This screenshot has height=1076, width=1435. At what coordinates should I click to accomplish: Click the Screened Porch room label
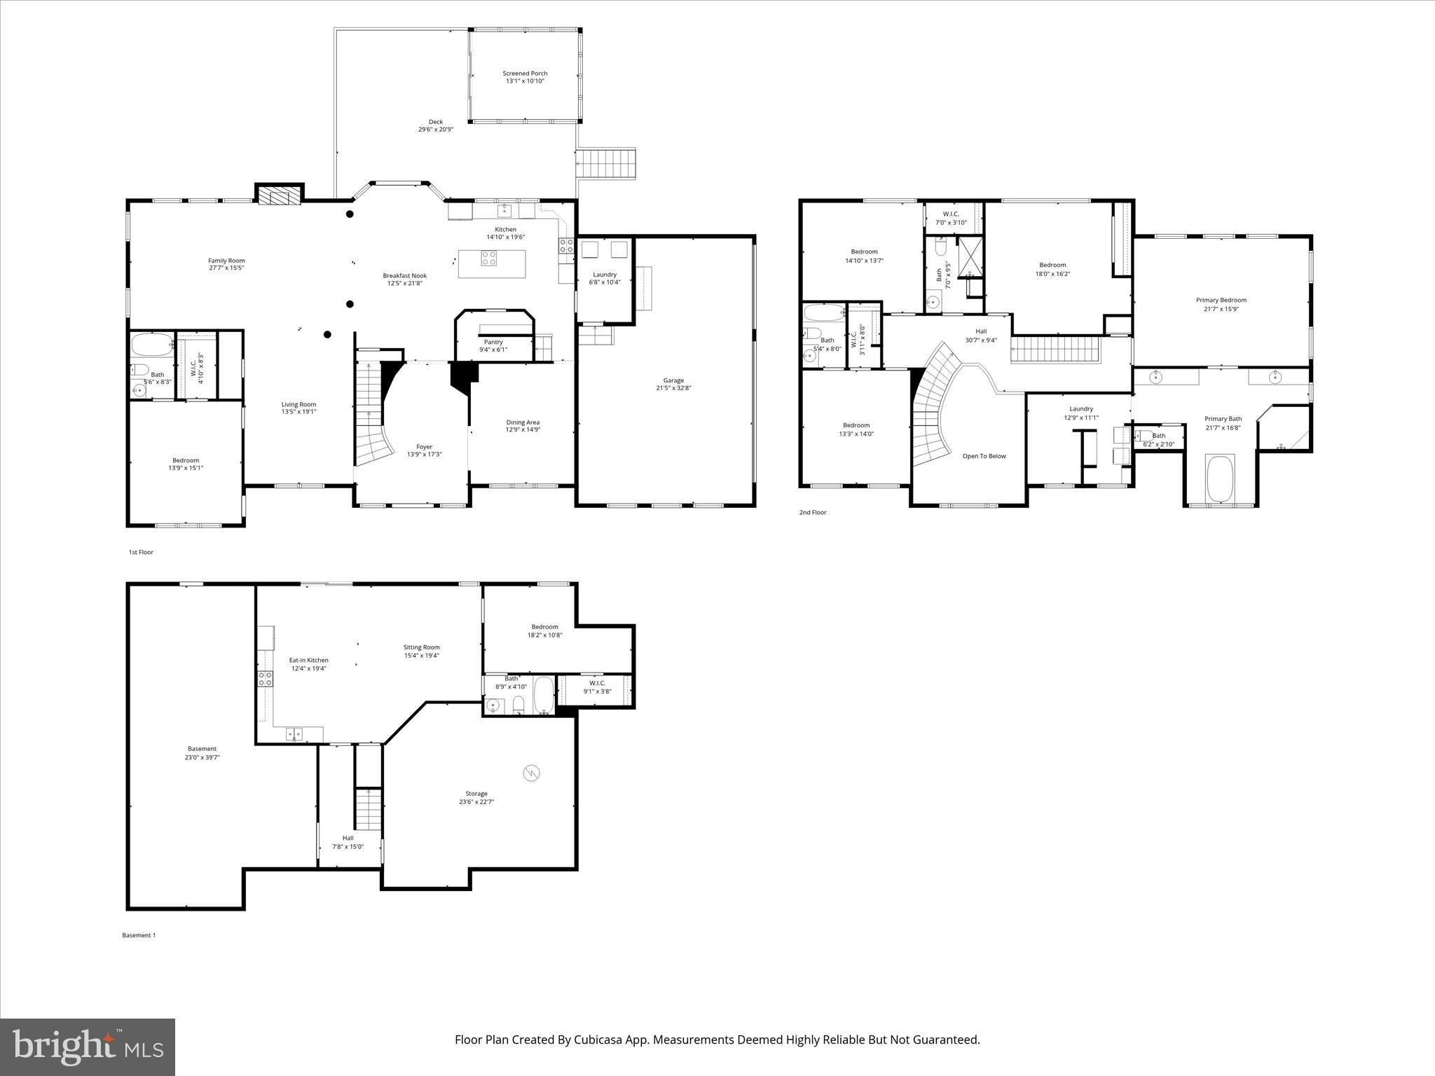click(525, 74)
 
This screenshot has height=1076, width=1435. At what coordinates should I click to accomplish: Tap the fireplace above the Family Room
click(279, 194)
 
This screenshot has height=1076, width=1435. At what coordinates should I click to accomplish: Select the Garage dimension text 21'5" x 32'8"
click(673, 388)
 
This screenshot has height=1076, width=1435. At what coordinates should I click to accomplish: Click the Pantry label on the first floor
click(493, 342)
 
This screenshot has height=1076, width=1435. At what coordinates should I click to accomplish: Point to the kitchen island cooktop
click(489, 258)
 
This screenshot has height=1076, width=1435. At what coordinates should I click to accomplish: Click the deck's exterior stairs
click(605, 163)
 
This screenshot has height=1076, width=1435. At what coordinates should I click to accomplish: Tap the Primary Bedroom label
click(1221, 300)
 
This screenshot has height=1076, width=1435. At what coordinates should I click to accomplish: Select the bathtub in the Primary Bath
click(1220, 478)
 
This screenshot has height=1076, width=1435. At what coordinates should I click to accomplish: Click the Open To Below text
click(984, 456)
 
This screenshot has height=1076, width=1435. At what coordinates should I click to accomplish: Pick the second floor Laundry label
click(1080, 409)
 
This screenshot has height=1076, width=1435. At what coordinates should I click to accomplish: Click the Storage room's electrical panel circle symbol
click(531, 773)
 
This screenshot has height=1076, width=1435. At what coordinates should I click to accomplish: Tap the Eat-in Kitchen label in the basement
click(308, 660)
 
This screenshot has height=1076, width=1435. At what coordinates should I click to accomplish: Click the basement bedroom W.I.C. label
click(597, 683)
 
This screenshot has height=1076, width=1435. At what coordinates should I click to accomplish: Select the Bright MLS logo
click(88, 1047)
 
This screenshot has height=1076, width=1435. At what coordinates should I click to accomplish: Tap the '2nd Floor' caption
click(813, 513)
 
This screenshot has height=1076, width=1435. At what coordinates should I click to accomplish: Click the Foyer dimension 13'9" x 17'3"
click(424, 455)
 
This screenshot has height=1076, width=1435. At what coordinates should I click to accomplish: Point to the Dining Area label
click(523, 422)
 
